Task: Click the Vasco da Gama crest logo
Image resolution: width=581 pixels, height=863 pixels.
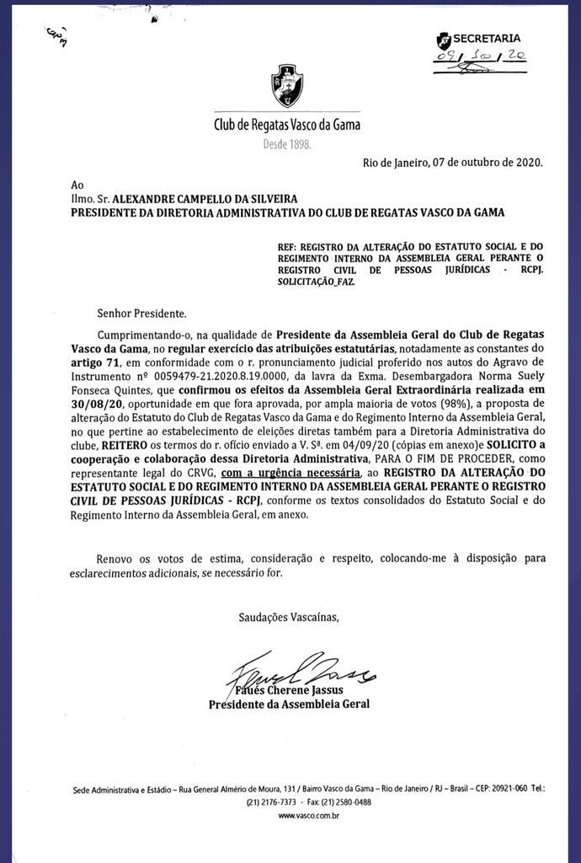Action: click(x=287, y=85)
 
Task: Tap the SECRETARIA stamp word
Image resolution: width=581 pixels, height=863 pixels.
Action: click(x=487, y=38)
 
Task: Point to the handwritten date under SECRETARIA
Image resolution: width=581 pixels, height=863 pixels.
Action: click(x=479, y=56)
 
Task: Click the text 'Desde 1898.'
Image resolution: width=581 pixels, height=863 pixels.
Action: click(x=287, y=144)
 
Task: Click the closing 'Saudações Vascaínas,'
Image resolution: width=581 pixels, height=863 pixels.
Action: click(x=288, y=618)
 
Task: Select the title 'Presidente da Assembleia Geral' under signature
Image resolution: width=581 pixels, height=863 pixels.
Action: click(x=289, y=704)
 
